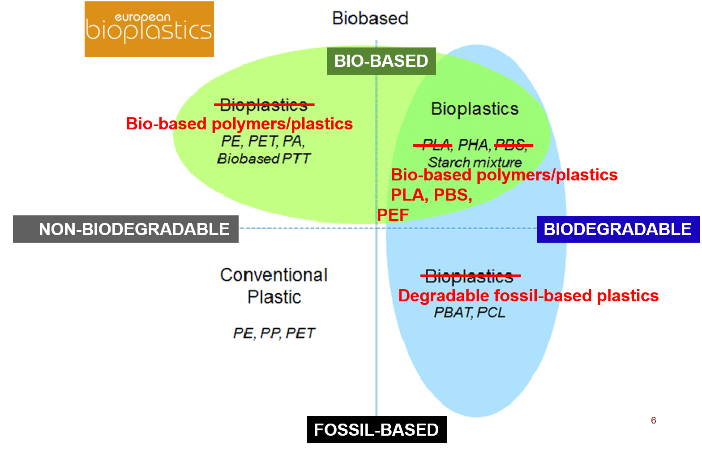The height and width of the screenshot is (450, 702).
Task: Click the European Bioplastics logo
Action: [149, 29]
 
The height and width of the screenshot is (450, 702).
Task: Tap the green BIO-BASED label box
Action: [381, 61]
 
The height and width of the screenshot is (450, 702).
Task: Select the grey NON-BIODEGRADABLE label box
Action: [126, 229]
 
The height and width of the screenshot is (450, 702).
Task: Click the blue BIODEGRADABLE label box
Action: [618, 229]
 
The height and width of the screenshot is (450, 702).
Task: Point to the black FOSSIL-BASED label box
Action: [377, 430]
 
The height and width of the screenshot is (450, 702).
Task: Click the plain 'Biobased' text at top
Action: [370, 18]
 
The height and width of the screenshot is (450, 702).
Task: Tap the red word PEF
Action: [393, 215]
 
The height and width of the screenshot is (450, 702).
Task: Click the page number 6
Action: [654, 420]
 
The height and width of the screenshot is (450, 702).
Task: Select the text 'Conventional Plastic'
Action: [274, 286]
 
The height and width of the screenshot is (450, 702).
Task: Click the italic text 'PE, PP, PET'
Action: [274, 333]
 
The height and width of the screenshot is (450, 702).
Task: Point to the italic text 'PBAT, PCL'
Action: [470, 313]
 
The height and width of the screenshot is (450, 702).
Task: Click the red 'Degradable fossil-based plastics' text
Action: [528, 296]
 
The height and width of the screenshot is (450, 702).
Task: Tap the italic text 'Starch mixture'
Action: [475, 163]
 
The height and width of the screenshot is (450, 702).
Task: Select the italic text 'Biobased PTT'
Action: [264, 159]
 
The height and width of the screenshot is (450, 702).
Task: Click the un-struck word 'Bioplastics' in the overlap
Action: [475, 109]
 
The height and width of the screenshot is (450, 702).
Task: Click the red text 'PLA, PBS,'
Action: [432, 195]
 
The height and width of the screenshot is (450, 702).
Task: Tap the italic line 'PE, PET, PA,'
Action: [263, 141]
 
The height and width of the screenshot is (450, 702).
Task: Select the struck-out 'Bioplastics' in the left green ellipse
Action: [264, 105]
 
